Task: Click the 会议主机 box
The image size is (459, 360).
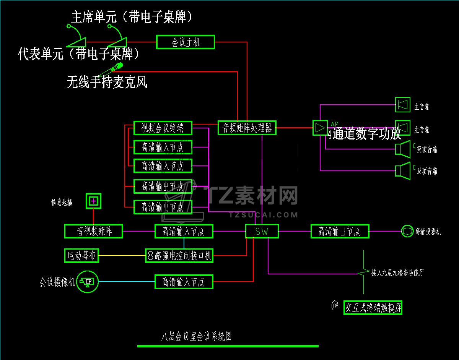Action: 186,42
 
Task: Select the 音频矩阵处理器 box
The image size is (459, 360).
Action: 247,128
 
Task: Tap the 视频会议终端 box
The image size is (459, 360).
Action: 163,128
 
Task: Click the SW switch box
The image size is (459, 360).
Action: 262,231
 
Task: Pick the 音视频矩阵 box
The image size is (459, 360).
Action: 94,231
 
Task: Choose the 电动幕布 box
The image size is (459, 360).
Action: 81,255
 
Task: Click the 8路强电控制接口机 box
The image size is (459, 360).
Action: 179,255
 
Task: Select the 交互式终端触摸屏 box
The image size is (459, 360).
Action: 373,308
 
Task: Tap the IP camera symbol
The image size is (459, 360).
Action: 88,282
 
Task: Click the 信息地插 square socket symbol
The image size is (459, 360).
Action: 93,201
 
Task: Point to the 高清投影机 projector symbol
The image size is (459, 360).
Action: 407,231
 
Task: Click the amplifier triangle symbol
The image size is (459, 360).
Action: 319,128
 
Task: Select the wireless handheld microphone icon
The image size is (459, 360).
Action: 111,70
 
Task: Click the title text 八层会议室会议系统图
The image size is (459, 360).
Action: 196,336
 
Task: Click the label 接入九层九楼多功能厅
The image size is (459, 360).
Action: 397,273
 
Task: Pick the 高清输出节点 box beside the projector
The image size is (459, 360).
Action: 340,231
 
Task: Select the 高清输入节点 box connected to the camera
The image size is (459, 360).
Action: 184,282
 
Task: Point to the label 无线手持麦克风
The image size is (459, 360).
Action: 107,82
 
